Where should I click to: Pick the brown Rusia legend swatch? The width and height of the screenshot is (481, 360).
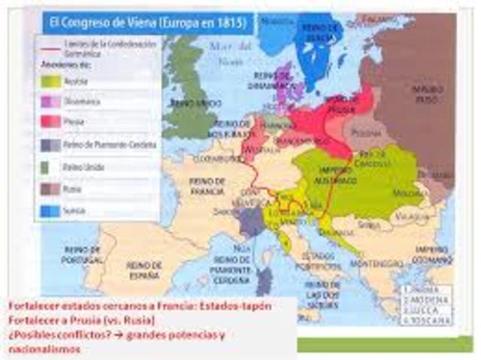pyautogui.click(x=52, y=189)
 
